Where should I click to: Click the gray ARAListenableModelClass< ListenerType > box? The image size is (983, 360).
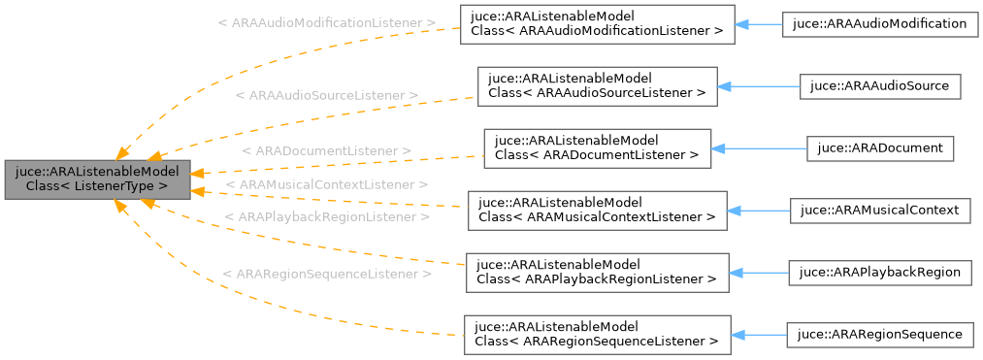click(97, 177)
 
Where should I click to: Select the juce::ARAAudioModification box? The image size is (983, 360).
click(879, 23)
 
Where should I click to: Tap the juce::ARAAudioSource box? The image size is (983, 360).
click(880, 85)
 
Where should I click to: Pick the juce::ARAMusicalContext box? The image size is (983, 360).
click(880, 209)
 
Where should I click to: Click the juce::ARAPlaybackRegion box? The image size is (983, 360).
click(880, 272)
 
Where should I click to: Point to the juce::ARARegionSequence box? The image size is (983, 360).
click(879, 334)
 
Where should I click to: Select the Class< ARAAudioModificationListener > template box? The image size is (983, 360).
click(596, 23)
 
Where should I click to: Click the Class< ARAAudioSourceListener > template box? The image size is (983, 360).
click(596, 85)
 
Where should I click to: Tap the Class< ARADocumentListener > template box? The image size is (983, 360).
click(597, 147)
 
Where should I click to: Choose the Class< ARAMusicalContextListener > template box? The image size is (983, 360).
click(596, 210)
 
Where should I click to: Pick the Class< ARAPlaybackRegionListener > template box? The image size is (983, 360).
click(596, 272)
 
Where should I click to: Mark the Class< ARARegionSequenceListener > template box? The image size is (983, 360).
click(596, 334)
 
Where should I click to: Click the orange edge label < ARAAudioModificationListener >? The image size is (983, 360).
click(326, 21)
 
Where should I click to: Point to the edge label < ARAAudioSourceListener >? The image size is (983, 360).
click(326, 96)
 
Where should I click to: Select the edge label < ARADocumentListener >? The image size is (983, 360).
click(326, 152)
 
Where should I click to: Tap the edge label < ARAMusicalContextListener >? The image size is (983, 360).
click(326, 183)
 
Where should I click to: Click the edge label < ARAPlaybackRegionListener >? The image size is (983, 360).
click(326, 217)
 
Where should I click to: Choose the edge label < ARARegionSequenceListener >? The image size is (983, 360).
click(326, 275)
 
